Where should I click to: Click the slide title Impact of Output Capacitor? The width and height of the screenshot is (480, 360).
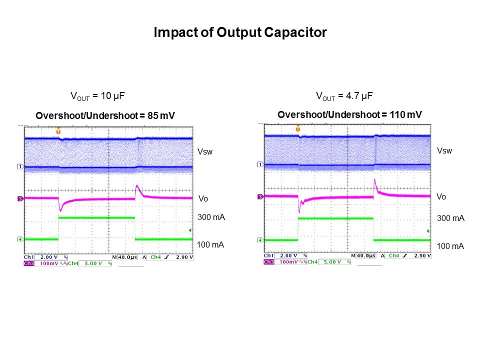click(x=240, y=33)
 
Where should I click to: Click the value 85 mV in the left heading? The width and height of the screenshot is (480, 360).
click(x=160, y=116)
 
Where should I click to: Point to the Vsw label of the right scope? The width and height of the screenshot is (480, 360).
click(x=444, y=150)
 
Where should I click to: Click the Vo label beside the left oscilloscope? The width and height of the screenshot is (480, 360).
click(x=203, y=199)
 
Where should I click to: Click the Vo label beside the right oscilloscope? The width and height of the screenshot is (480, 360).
click(x=441, y=197)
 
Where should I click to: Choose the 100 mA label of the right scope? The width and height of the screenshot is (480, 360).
click(x=450, y=246)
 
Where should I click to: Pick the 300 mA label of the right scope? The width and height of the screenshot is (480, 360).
click(x=450, y=218)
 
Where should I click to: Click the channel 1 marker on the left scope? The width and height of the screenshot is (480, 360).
click(x=20, y=166)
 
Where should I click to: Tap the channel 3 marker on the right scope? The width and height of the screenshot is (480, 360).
click(x=260, y=197)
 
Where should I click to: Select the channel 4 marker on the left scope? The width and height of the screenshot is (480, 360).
click(x=20, y=239)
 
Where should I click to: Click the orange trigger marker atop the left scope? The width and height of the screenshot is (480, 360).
click(x=58, y=130)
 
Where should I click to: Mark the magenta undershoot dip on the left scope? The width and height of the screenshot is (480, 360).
click(x=60, y=210)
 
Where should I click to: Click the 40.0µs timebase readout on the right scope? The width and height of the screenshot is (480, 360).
click(x=365, y=255)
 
